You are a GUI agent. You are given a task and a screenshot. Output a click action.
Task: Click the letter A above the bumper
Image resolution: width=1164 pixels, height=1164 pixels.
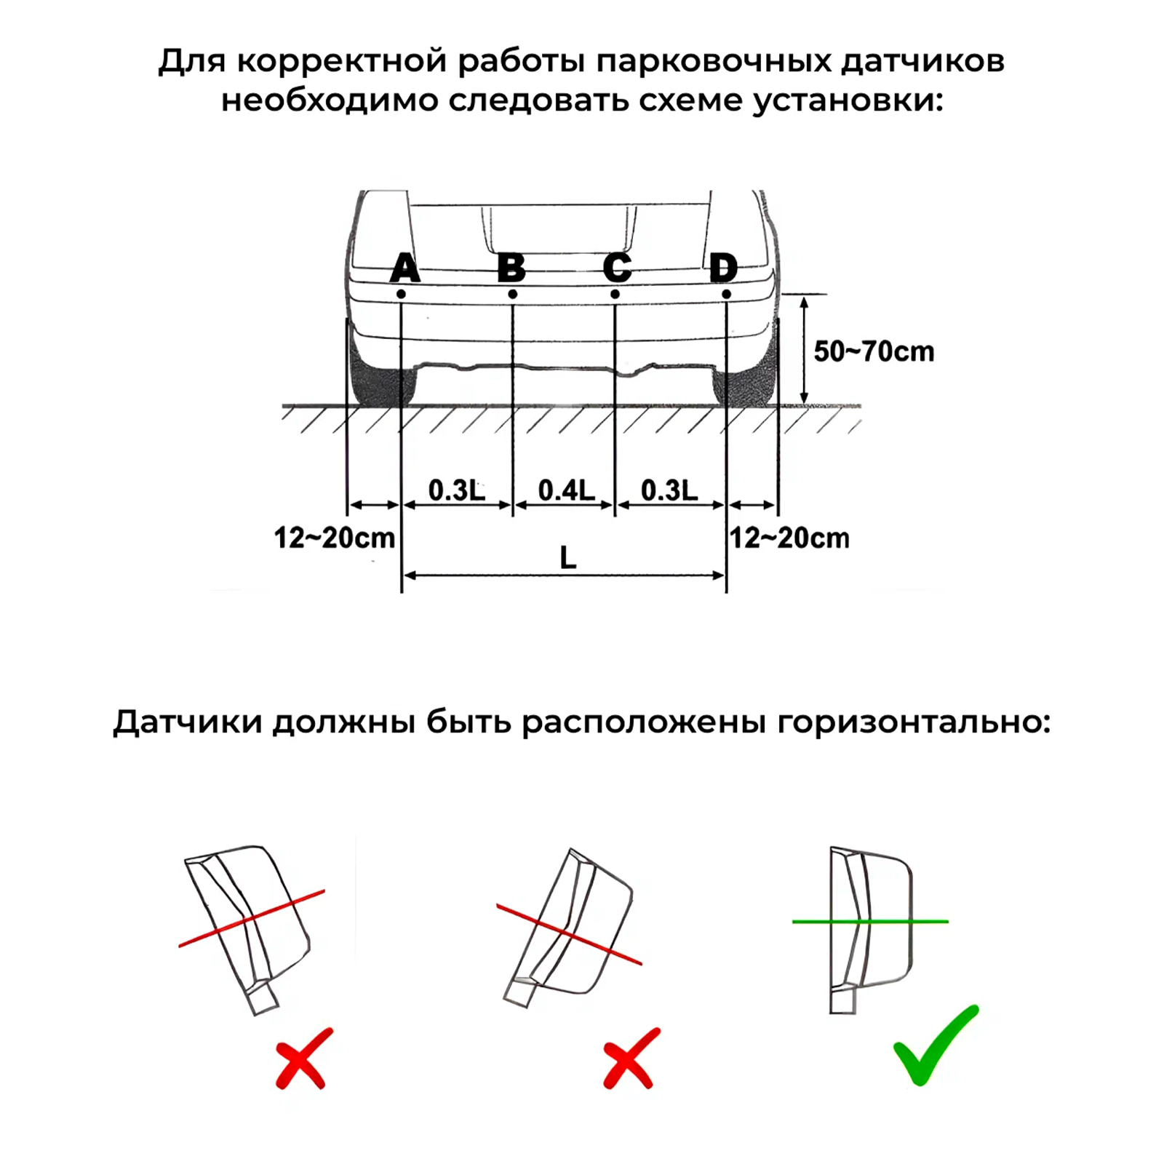pos(404,268)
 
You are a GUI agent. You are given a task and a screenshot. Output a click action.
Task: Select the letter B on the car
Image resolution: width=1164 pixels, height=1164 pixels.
pos(511,268)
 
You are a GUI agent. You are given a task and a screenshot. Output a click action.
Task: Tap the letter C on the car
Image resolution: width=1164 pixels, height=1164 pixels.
pos(617,268)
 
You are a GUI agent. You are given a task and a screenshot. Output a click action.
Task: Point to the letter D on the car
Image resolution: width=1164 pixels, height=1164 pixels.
pos(723,268)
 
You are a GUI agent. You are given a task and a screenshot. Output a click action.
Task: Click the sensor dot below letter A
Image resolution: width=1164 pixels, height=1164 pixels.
pos(401,294)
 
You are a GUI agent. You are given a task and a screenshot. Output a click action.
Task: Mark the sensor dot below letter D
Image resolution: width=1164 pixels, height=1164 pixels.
pos(726,294)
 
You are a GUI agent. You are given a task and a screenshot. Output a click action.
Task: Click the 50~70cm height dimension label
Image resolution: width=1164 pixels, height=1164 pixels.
pos(873,351)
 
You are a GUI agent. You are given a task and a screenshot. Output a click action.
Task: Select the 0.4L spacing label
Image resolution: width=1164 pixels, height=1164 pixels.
pos(566,490)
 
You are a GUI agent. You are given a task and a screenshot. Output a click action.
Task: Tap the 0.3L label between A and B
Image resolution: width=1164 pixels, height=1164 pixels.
pos(456,490)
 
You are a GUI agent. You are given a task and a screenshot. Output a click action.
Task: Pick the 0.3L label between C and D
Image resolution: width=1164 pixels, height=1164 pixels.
pos(669,490)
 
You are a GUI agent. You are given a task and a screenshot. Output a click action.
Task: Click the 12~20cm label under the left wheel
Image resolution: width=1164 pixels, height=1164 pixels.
pos(335,538)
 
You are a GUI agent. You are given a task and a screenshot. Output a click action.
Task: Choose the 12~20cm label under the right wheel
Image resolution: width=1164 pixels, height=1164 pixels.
pos(789,538)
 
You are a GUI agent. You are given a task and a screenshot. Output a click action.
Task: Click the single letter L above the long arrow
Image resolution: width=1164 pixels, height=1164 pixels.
pos(567,558)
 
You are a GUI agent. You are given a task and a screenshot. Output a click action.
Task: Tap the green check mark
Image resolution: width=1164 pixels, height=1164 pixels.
pos(934,1045)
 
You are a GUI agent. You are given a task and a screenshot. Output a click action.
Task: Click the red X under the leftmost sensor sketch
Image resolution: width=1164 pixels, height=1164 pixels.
pos(304,1058)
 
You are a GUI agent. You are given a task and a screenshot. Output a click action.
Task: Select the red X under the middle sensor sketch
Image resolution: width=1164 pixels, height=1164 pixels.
pos(631,1058)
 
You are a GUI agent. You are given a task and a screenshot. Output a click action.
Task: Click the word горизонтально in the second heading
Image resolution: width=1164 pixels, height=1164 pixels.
pos(914,723)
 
